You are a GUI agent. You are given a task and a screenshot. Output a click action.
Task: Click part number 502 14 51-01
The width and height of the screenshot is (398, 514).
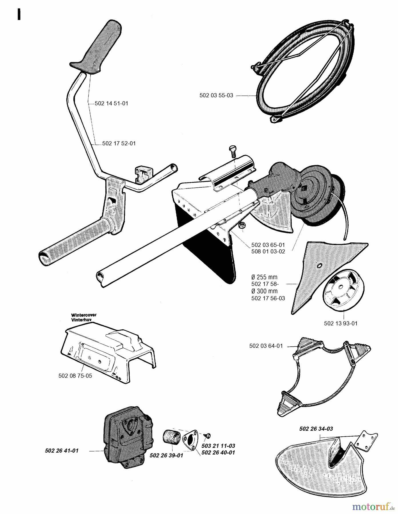pyautogui.click(x=111, y=103)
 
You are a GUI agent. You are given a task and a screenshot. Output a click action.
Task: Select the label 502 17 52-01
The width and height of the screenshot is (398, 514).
pyautogui.click(x=119, y=143)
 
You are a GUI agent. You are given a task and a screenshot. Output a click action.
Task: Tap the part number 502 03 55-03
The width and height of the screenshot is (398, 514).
pyautogui.click(x=216, y=95)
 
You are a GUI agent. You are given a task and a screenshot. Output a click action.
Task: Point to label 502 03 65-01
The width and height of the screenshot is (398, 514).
pyautogui.click(x=268, y=245)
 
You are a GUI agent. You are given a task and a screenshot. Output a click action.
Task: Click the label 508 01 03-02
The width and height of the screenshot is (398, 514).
pyautogui.click(x=268, y=252)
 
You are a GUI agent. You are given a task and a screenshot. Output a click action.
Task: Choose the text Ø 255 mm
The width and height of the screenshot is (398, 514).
pyautogui.click(x=264, y=277)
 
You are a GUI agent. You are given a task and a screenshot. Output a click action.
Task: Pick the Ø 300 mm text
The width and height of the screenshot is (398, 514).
pyautogui.click(x=264, y=291)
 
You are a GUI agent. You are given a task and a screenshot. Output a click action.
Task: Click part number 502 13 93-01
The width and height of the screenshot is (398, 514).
pyautogui.click(x=341, y=324)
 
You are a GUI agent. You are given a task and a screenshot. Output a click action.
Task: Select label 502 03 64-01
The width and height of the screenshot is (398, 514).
pyautogui.click(x=266, y=346)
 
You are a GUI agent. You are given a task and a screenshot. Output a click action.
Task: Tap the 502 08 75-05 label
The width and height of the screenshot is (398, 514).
pyautogui.click(x=75, y=376)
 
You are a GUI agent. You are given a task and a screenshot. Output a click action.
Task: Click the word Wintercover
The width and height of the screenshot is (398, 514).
pyautogui.click(x=84, y=315)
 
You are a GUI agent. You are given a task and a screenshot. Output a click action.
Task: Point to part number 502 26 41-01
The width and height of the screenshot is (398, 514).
pyautogui.click(x=62, y=451)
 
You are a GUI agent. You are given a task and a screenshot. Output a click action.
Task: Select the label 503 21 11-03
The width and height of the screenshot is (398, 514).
pyautogui.click(x=218, y=446)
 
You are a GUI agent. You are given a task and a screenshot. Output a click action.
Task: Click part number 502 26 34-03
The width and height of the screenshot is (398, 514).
pyautogui.click(x=316, y=429)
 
